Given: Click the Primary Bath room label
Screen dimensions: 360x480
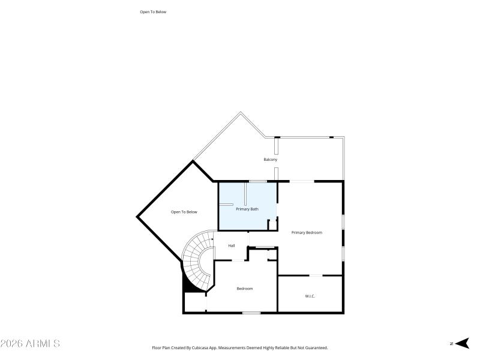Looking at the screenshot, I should pyautogui.click(x=247, y=209).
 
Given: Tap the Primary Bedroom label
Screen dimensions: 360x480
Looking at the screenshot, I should pyautogui.click(x=307, y=232).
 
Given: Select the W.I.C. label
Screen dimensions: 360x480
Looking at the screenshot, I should pyautogui.click(x=310, y=296).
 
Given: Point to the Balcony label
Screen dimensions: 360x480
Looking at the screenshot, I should pyautogui.click(x=270, y=160).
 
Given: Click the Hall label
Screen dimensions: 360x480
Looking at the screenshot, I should pyautogui.click(x=231, y=245).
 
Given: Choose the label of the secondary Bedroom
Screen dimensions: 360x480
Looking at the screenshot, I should pyautogui.click(x=244, y=289).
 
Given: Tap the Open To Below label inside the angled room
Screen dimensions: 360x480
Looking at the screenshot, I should pyautogui.click(x=184, y=212).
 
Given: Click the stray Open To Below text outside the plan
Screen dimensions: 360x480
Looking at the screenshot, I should pyautogui.click(x=152, y=11).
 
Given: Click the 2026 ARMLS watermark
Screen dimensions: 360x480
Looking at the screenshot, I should pyautogui.click(x=30, y=344).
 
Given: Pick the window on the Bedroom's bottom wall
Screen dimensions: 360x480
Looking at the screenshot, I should pyautogui.click(x=251, y=313).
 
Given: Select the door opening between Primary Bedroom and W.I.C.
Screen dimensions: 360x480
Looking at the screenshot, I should pyautogui.click(x=316, y=275).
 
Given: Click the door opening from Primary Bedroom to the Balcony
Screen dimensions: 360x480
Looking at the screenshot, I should pyautogui.click(x=302, y=181).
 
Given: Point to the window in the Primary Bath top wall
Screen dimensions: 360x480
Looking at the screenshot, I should pyautogui.click(x=258, y=181).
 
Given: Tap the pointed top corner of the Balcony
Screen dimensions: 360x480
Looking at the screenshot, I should pyautogui.click(x=241, y=112).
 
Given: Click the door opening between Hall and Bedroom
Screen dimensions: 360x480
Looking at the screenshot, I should pyautogui.click(x=238, y=260).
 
